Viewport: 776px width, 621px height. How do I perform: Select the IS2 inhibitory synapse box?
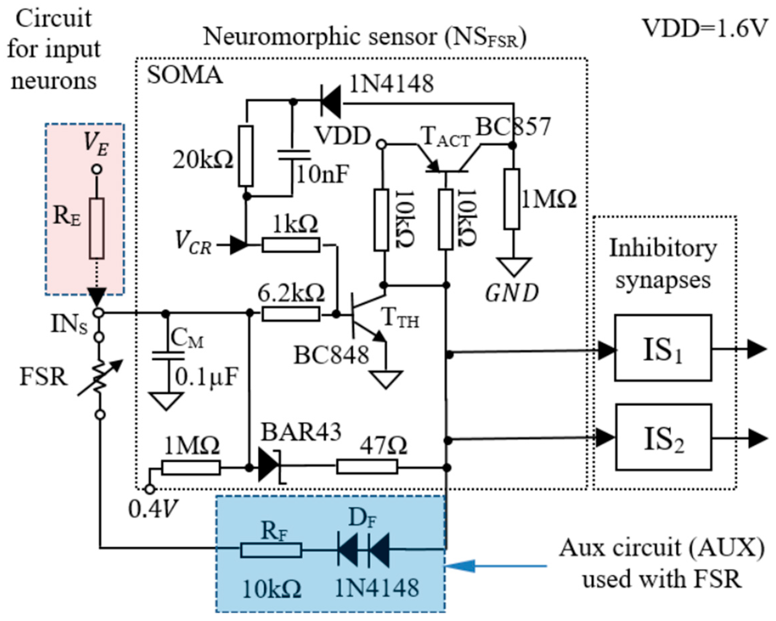[x=663, y=437]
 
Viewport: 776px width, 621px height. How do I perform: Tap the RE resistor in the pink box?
[x=97, y=228]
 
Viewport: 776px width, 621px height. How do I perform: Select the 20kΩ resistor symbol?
[x=246, y=156]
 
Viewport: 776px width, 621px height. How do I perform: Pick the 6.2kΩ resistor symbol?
[x=291, y=314]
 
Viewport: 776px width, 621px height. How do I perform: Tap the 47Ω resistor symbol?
[x=367, y=467]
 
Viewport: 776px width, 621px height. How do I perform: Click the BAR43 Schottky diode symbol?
[x=270, y=468]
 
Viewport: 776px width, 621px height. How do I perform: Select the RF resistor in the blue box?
[x=271, y=550]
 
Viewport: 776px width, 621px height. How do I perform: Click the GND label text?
[x=512, y=293]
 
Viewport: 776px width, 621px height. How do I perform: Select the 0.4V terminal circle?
[x=150, y=490]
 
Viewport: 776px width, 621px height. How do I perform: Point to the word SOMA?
[x=185, y=76]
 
